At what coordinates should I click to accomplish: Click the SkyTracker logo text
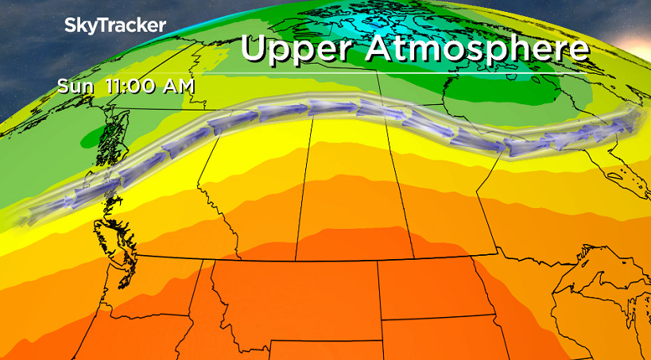pyautogui.click(x=115, y=25)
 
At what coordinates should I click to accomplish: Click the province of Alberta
pyautogui.click(x=246, y=199)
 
